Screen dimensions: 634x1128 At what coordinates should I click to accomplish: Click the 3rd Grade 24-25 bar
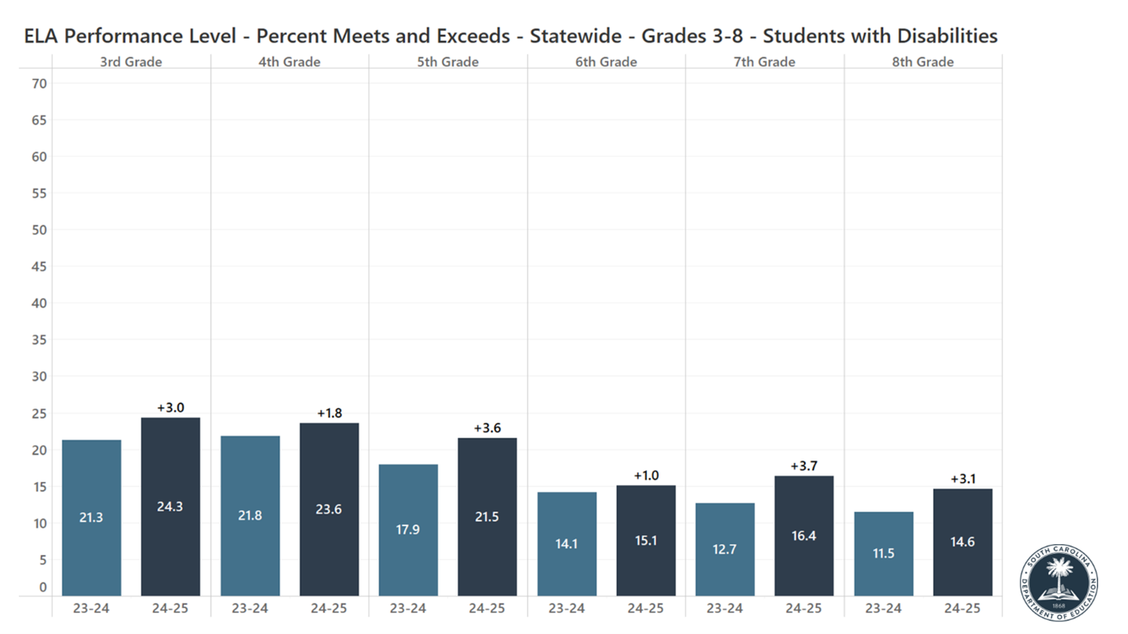pos(170,506)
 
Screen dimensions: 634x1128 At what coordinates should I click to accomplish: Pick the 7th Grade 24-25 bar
pos(804,535)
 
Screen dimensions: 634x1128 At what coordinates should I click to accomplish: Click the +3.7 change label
pos(804,466)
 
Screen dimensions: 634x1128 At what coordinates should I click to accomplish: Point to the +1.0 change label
pos(645,475)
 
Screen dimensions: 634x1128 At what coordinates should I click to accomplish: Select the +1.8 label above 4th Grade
pos(329,413)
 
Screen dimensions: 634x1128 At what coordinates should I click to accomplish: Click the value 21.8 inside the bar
pos(250,516)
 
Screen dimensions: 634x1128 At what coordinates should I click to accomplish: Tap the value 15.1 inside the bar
pos(645,541)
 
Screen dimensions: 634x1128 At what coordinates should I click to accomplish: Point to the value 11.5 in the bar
pos(883,554)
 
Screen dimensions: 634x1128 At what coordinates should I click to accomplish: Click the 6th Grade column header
pos(606,62)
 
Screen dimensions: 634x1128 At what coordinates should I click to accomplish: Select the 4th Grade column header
pos(289,62)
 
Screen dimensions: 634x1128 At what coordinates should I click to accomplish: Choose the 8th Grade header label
pos(923,62)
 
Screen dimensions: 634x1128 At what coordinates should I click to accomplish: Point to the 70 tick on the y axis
pos(39,84)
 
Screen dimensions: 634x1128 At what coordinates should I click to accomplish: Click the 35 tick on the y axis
pos(39,340)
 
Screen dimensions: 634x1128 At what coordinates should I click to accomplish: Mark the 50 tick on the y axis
pos(39,230)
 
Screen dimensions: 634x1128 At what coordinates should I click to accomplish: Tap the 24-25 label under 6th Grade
pos(645,608)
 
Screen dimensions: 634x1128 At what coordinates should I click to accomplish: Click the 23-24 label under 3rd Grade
pos(92,608)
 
